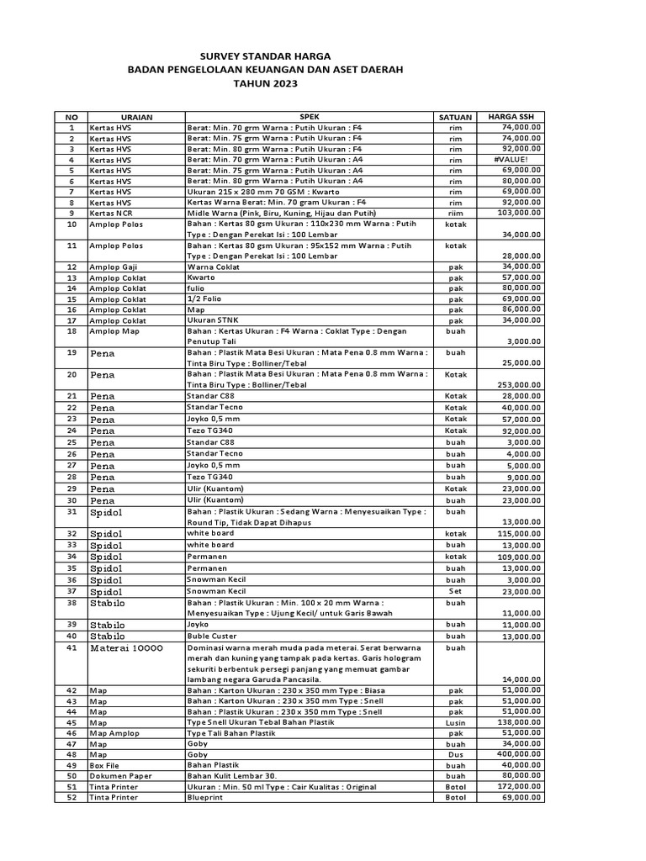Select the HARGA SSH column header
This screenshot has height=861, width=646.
[511, 116]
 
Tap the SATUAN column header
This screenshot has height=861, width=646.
[455, 117]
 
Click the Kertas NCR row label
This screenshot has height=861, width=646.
[111, 213]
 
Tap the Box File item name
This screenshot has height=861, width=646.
[106, 765]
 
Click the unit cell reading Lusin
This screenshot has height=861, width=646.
[456, 722]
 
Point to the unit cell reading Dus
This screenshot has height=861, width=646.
[456, 754]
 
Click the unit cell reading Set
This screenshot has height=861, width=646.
[456, 590]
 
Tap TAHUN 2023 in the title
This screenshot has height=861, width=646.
[266, 84]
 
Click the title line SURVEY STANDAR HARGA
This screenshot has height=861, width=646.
[265, 52]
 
